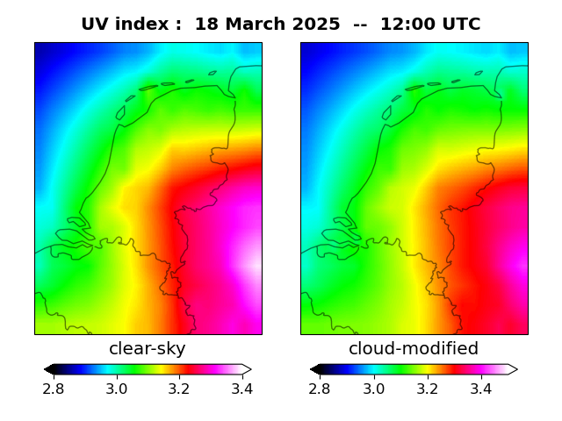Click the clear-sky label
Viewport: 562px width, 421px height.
click(x=148, y=349)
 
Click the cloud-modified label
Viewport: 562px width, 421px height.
click(x=414, y=349)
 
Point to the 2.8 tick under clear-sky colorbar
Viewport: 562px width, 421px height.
click(x=54, y=388)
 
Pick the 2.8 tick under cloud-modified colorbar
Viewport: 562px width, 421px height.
click(x=321, y=388)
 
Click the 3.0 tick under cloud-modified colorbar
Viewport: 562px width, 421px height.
click(x=374, y=388)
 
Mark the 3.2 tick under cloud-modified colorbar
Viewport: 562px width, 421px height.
click(x=427, y=388)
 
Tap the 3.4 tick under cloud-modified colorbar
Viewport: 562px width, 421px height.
click(x=480, y=388)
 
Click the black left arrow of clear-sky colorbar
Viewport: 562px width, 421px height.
click(x=49, y=369)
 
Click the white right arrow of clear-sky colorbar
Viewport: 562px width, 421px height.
click(x=247, y=369)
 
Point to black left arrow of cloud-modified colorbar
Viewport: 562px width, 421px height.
click(x=315, y=369)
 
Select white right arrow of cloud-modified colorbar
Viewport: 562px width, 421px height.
click(x=513, y=369)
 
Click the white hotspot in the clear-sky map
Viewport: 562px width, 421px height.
click(x=254, y=262)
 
